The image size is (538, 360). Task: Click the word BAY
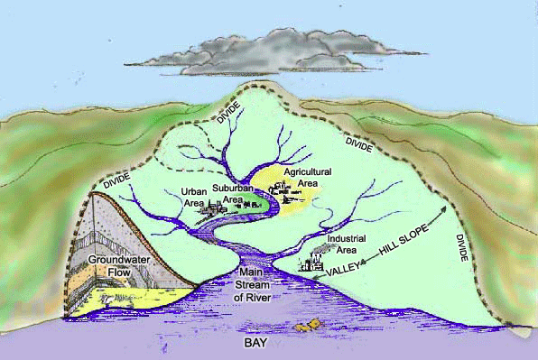tap(268, 345)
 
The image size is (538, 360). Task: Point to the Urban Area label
tap(194, 197)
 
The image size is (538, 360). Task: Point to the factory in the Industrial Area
tap(313, 263)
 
